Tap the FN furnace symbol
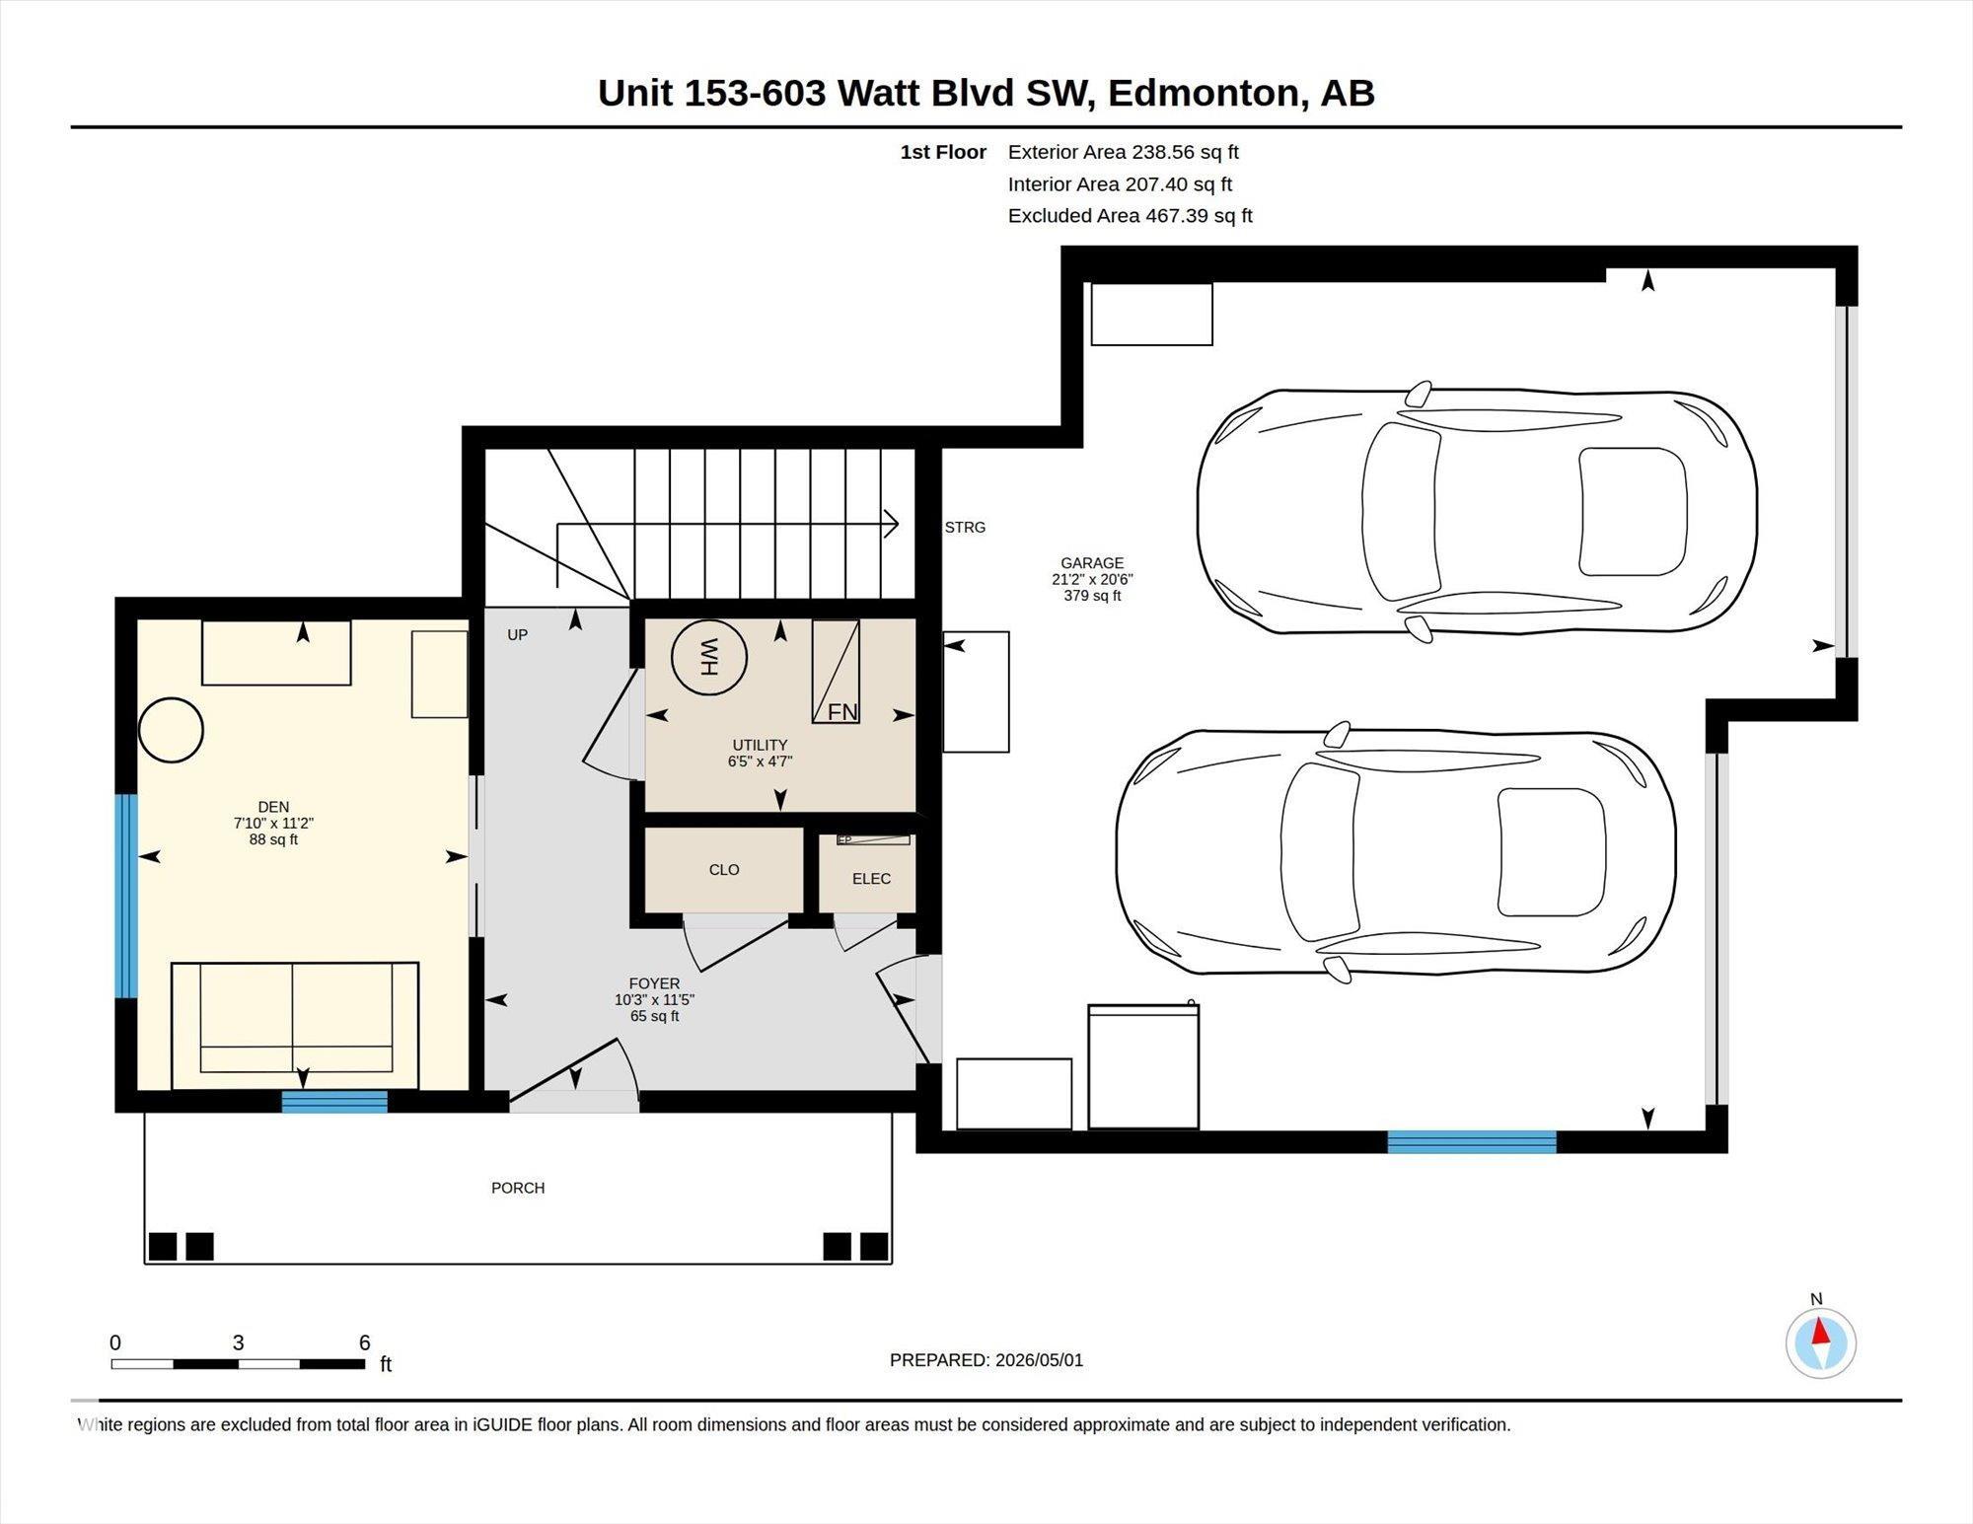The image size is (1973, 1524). coord(836,672)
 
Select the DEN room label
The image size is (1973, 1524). coord(273,807)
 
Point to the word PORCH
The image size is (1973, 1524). coord(518,1188)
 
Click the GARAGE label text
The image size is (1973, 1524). coord(1092,563)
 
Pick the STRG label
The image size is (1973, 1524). coord(965,528)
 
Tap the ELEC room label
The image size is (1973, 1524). coord(871,879)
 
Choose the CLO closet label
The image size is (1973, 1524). coord(724,870)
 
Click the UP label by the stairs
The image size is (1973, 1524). coord(518,635)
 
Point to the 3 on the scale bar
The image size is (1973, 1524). coord(238,1343)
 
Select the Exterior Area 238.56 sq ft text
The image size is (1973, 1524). coord(1124,152)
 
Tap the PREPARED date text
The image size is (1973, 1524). coord(986,1360)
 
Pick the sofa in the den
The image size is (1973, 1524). coord(295,1026)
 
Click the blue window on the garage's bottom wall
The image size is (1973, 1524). coord(1472,1142)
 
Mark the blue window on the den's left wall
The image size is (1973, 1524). coord(126,897)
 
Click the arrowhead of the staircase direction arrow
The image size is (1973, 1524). coord(891,524)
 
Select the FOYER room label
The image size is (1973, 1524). coord(654,983)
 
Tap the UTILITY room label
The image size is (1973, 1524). coord(760,745)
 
